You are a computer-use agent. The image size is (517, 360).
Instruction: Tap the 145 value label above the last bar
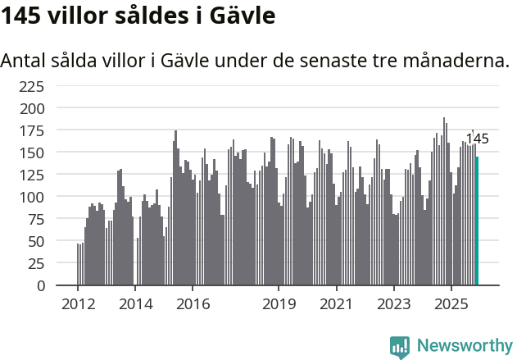tap(478, 139)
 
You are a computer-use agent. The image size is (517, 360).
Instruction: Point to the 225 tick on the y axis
tap(31, 86)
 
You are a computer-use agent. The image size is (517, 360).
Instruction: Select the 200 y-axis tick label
tap(31, 108)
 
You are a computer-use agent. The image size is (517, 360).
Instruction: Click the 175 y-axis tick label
tap(31, 130)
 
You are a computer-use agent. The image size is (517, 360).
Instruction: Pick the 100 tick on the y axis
tap(31, 198)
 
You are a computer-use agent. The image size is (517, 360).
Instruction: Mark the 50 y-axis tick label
tap(35, 242)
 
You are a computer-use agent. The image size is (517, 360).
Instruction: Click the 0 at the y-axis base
tap(40, 286)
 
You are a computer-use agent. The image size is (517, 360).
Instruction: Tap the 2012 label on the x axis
tap(78, 304)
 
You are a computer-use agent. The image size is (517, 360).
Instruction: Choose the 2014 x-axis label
tap(135, 304)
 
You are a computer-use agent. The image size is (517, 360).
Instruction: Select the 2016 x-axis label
tap(193, 304)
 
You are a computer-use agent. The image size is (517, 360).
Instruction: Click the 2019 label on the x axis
tap(279, 304)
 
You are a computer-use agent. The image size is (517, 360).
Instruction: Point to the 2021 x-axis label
tap(336, 304)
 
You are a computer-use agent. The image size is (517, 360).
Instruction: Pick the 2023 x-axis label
tap(393, 304)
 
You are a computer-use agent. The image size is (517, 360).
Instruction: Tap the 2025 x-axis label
tap(451, 304)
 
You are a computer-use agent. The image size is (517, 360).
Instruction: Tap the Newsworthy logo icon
tap(400, 347)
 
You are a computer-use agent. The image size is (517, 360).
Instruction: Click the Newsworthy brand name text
tap(464, 346)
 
